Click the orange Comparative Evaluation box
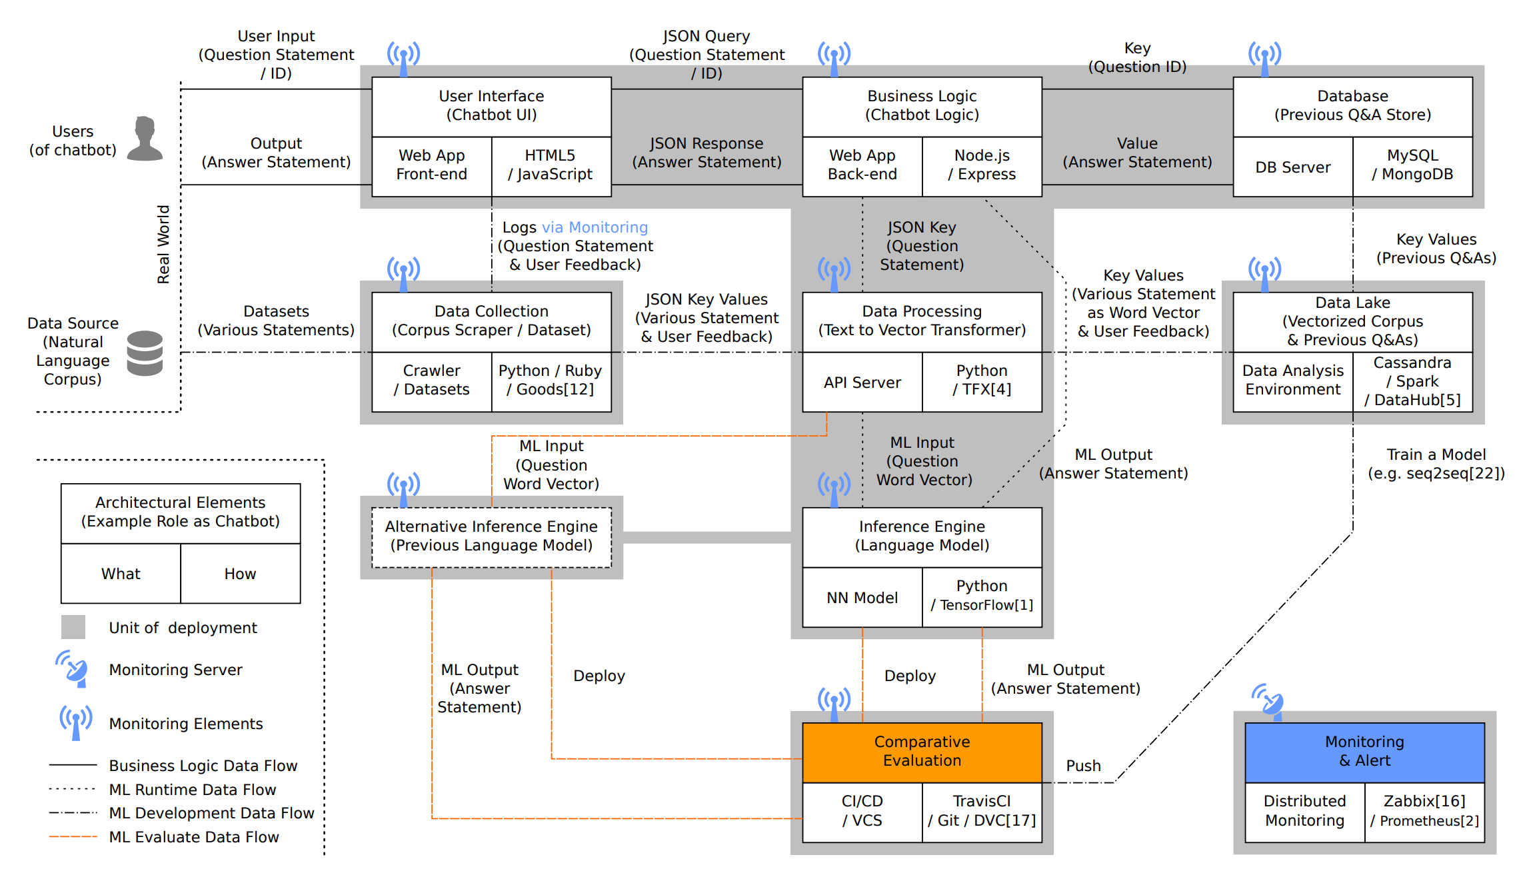click(x=922, y=752)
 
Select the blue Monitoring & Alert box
click(x=1364, y=752)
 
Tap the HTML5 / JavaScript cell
click(x=551, y=165)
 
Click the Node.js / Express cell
click(x=982, y=165)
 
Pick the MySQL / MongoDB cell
click(x=1412, y=165)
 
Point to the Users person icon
click(x=145, y=139)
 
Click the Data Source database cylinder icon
click(x=145, y=353)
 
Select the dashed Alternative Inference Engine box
click(x=491, y=536)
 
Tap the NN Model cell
click(x=862, y=598)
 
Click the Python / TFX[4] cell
click(x=982, y=381)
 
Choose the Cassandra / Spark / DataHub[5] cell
click(x=1412, y=382)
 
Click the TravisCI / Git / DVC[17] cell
click(x=982, y=811)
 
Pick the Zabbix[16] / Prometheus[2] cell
click(x=1424, y=811)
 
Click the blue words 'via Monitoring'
click(x=595, y=227)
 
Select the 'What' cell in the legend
click(x=121, y=574)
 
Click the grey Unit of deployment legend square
click(x=73, y=627)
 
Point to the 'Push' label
click(x=1083, y=766)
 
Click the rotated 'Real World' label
click(x=163, y=245)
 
